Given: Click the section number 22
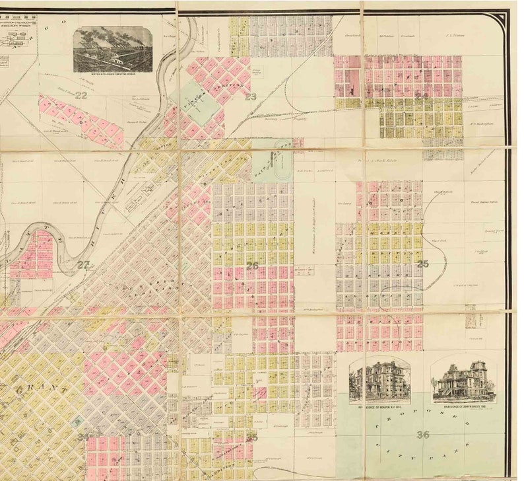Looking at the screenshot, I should click(x=81, y=95).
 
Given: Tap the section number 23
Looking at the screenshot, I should click(x=250, y=96).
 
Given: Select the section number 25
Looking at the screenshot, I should click(x=422, y=264).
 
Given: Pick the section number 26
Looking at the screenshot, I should click(x=252, y=266).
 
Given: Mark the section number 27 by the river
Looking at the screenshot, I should click(x=83, y=264).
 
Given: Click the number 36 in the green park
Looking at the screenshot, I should click(x=423, y=434).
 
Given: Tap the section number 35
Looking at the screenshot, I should click(x=251, y=437).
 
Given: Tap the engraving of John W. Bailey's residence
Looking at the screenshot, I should click(x=463, y=380).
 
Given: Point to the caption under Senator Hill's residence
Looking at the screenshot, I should click(x=379, y=408).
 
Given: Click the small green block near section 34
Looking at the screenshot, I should click(x=79, y=421).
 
